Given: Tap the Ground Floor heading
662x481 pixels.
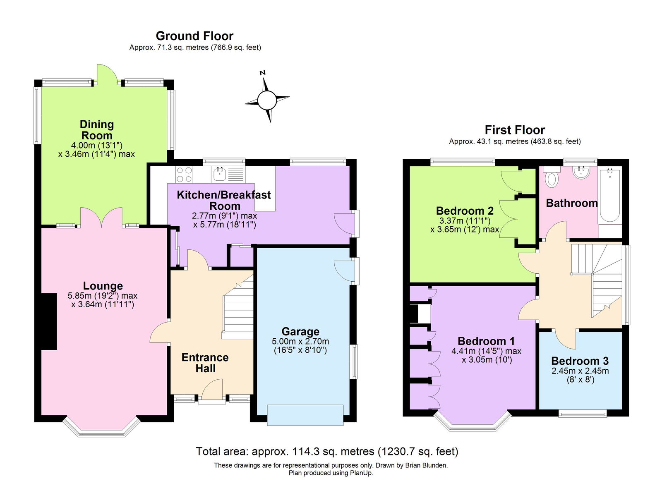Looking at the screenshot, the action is tap(194, 36).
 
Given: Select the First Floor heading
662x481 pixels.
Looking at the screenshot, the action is tap(515, 130).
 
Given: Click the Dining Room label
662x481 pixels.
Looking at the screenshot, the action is tap(97, 130).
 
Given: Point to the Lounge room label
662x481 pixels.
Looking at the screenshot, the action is tap(103, 286).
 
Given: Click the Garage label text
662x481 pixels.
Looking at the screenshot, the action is tap(300, 332).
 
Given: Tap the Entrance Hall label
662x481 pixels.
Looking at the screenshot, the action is tap(205, 363).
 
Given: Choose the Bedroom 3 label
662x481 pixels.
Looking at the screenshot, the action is tap(580, 361).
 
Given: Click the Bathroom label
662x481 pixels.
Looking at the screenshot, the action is tap(571, 203).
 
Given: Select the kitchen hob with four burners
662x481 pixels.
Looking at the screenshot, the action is tap(184, 174).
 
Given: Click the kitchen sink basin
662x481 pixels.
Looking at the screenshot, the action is tap(219, 174).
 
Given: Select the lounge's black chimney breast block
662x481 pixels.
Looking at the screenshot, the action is tap(49, 322).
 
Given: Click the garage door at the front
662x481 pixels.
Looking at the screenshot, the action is tap(305, 415).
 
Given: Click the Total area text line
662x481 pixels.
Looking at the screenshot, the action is tap(327, 452).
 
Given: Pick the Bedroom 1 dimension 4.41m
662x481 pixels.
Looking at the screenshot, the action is tap(463, 351).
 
